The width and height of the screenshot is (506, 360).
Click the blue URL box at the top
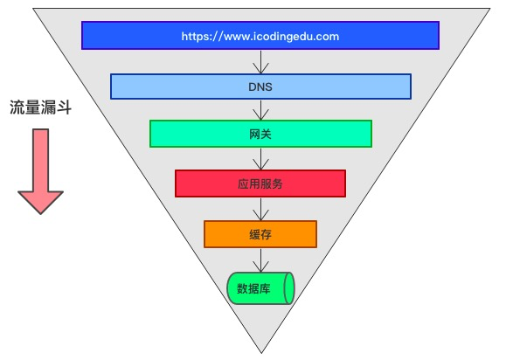(x=260, y=36)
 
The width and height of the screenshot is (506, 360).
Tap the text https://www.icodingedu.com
(x=260, y=37)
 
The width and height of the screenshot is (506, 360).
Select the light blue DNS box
(x=260, y=87)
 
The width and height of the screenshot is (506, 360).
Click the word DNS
(x=260, y=87)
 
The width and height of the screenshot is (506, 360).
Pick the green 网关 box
(x=260, y=134)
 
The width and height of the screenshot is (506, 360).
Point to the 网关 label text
(x=260, y=134)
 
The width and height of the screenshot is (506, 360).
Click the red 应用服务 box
(x=260, y=183)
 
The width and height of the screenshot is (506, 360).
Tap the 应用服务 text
(x=260, y=183)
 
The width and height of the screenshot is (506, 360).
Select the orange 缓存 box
(x=260, y=234)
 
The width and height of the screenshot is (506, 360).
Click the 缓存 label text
(x=260, y=234)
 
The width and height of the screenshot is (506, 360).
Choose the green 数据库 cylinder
(x=260, y=288)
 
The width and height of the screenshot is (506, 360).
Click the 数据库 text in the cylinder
(x=253, y=288)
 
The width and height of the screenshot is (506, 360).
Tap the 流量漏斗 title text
(x=40, y=107)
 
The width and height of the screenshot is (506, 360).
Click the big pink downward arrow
(x=40, y=171)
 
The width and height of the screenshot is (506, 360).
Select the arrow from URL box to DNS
(x=260, y=62)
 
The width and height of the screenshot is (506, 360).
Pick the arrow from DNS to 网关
(x=260, y=110)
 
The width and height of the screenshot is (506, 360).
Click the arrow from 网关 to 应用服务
(x=260, y=159)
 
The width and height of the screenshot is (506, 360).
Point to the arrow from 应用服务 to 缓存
(x=260, y=209)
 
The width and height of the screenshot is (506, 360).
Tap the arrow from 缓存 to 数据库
(x=260, y=260)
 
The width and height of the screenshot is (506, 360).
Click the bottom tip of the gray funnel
(x=261, y=353)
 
